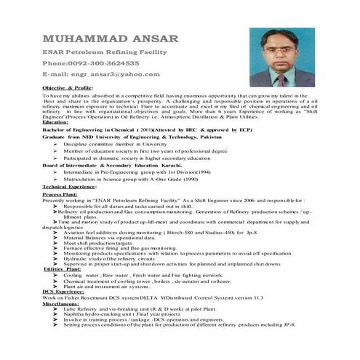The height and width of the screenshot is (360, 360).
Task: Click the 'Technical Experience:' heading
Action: [70, 187]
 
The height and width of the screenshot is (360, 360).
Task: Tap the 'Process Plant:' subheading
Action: [61, 196]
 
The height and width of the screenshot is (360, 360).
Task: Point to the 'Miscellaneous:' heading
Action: [63, 303]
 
